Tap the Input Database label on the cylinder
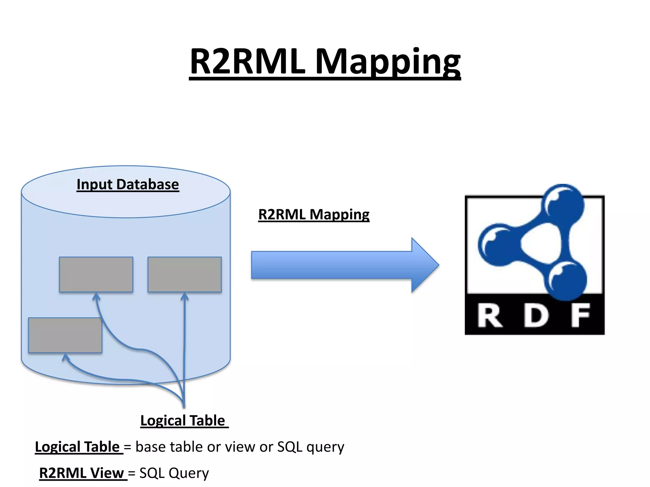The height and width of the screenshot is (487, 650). click(128, 184)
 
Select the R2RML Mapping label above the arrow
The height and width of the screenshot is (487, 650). click(314, 214)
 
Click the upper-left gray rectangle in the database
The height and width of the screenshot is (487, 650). click(96, 274)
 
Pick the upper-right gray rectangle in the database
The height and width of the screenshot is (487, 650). click(184, 274)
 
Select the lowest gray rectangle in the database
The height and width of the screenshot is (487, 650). click(65, 335)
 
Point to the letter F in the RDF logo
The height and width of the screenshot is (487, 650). click(580, 315)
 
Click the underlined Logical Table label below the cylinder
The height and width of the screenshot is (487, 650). click(183, 421)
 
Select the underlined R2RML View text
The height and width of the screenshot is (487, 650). click(82, 473)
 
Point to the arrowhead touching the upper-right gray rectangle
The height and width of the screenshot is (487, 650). click(184, 296)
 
